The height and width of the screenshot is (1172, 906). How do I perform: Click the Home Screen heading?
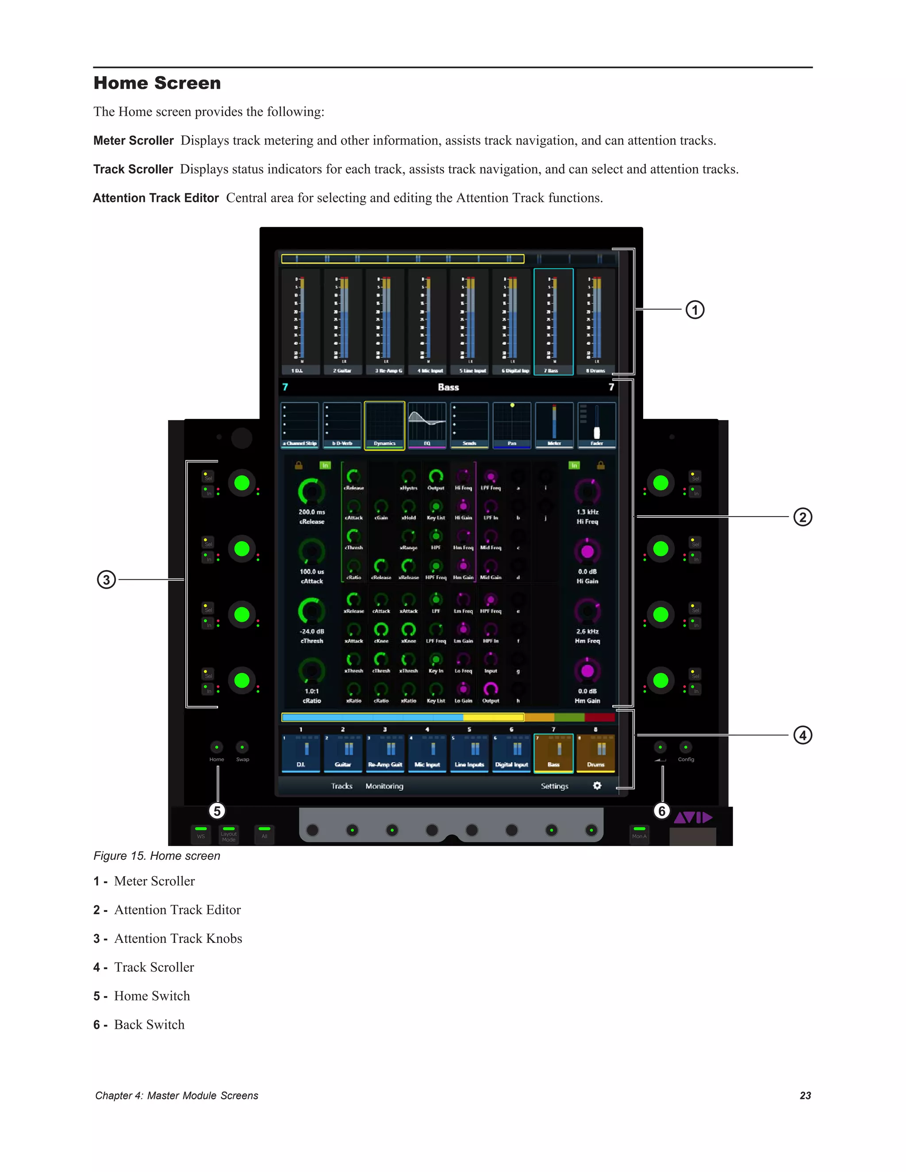[x=157, y=83]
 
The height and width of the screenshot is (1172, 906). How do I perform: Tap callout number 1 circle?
[x=695, y=310]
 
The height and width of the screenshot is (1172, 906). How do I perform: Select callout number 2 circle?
[x=802, y=517]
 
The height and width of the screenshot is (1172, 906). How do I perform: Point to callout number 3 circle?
[x=106, y=579]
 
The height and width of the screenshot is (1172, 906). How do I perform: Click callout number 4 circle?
[x=802, y=735]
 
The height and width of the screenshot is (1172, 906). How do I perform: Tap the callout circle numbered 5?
[x=217, y=811]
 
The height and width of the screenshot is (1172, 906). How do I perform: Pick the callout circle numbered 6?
[x=662, y=811]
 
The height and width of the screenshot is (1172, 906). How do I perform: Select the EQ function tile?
[x=427, y=425]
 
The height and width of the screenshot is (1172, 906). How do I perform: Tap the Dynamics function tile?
[x=384, y=425]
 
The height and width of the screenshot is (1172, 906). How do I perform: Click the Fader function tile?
[x=596, y=425]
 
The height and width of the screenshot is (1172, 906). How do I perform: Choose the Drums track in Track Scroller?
[x=596, y=753]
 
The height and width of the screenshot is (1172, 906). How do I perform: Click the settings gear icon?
[x=597, y=785]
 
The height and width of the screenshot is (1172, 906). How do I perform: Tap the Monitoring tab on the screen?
[x=384, y=786]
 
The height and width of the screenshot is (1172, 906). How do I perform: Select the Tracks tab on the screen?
[x=342, y=786]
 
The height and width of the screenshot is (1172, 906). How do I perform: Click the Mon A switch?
[x=639, y=833]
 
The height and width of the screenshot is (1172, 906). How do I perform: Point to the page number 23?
[x=805, y=1095]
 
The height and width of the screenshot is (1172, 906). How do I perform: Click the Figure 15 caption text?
[x=157, y=856]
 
